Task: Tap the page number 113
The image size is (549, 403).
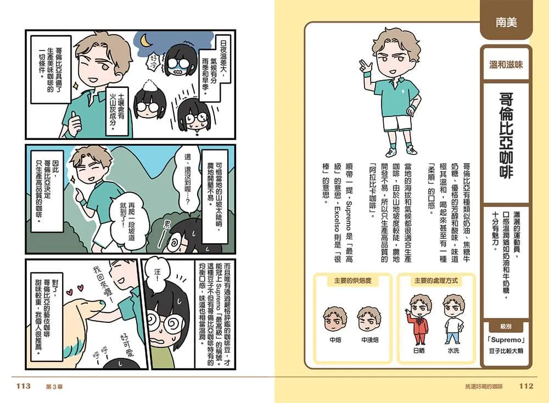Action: point(24,386)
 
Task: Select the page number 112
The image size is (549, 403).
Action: point(526,386)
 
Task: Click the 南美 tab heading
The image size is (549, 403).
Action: point(506,23)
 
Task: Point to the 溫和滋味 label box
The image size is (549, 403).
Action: point(506,64)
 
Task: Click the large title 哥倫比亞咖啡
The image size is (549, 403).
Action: point(506,136)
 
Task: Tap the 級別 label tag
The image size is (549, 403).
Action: point(506,326)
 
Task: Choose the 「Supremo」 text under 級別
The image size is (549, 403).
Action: point(506,340)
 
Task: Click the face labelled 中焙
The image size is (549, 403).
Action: point(335,318)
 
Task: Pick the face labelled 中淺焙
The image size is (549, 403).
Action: point(369,318)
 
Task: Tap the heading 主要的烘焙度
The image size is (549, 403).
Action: point(352,281)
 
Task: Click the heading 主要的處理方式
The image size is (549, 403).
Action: point(436,281)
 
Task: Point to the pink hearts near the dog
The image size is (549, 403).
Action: point(74,290)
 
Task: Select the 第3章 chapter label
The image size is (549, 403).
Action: point(54,387)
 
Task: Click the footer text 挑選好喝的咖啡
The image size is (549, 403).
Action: point(484,387)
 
